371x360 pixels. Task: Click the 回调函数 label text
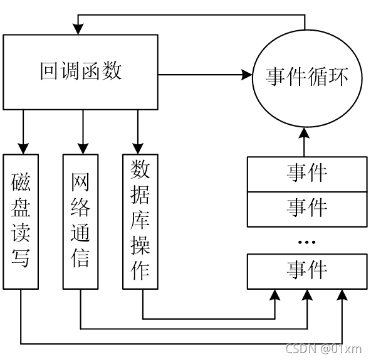81,71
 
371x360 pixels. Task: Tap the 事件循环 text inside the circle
307,77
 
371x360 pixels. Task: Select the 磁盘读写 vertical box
21,221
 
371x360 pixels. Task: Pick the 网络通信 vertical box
80,221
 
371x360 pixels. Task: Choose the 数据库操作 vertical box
140,221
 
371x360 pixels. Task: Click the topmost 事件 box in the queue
307,174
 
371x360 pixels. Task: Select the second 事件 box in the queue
307,209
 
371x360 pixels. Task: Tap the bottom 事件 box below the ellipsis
307,272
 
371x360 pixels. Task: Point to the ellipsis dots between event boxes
307,242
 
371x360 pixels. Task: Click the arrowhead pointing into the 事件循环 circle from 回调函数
247,75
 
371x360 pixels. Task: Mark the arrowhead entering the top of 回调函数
78,29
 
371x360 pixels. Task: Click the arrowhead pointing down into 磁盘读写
23,149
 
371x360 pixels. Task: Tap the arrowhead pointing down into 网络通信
83,149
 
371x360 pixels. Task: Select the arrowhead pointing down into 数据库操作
138,149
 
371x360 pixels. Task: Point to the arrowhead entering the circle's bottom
304,133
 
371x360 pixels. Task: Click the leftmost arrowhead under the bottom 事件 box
275,295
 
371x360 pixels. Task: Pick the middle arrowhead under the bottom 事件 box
307,295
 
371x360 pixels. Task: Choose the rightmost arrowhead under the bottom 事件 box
342,295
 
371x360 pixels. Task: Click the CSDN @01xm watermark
323,349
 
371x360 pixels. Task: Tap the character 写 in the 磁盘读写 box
21,258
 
